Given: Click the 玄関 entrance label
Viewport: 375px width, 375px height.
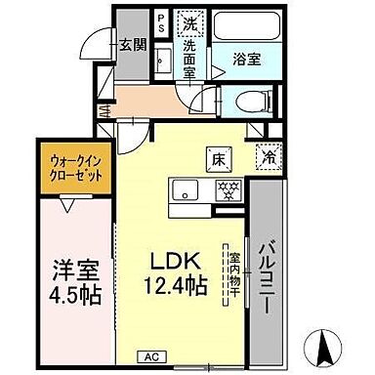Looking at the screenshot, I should click(x=133, y=45).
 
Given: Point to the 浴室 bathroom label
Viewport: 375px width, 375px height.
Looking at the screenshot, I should click(x=245, y=58).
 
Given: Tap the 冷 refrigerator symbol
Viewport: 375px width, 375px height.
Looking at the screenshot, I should click(x=266, y=155).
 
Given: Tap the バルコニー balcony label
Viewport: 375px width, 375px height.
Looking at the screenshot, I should click(x=266, y=274).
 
